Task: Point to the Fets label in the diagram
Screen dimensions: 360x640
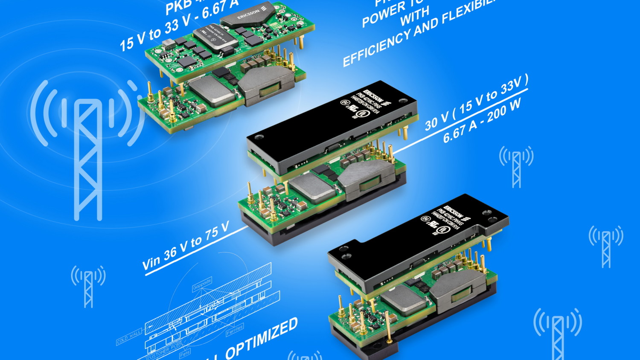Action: click(x=185, y=354)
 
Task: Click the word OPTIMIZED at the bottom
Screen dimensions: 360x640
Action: click(x=261, y=339)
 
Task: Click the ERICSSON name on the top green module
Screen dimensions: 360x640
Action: click(x=249, y=15)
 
